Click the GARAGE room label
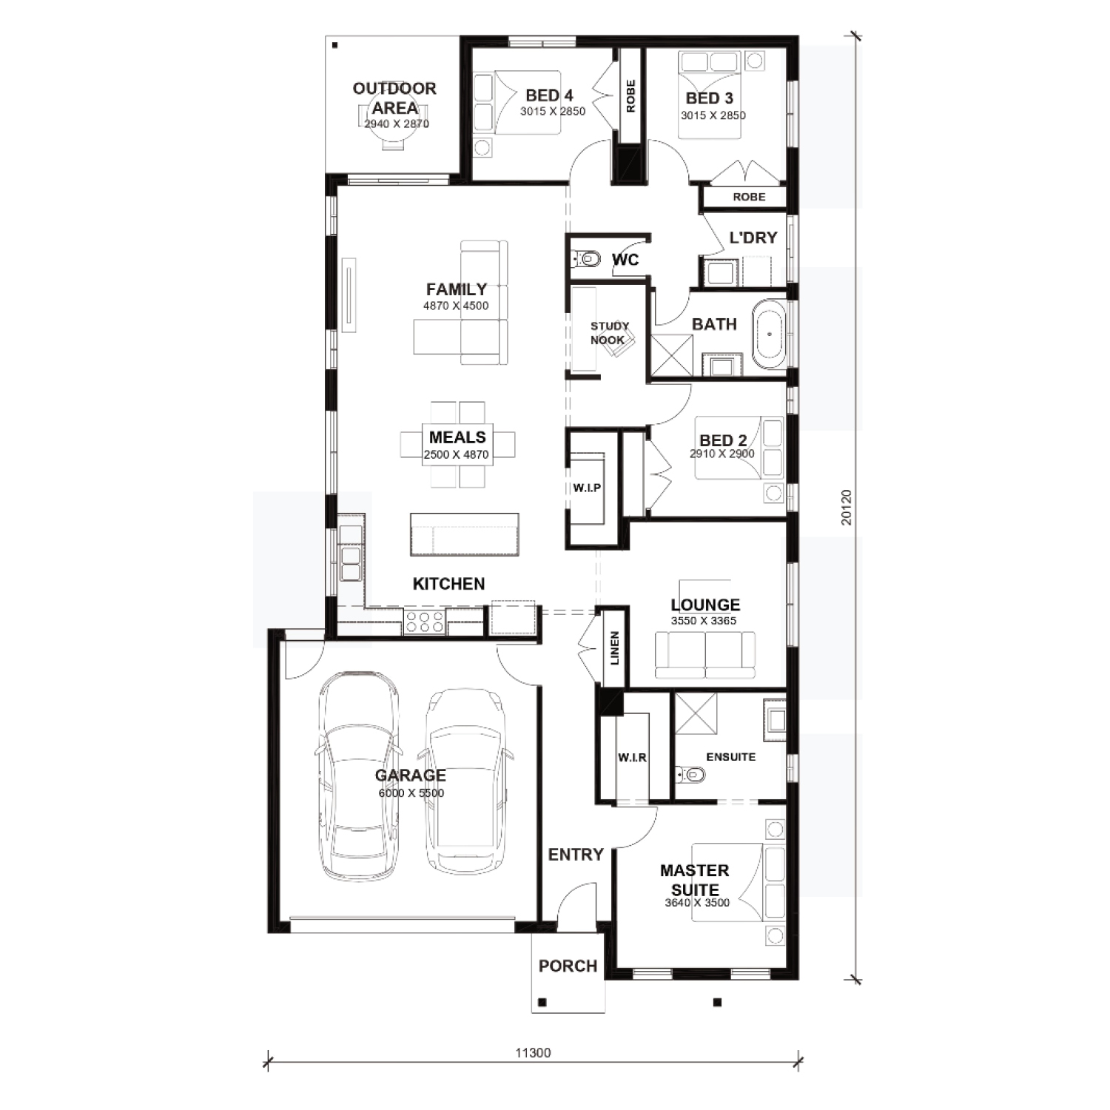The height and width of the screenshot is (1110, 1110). tap(410, 776)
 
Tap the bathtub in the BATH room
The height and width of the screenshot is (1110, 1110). tap(770, 334)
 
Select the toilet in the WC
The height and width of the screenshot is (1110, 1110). tap(586, 259)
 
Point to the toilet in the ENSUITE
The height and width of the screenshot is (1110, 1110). tap(691, 776)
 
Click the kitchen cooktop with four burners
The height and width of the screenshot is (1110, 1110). tap(424, 622)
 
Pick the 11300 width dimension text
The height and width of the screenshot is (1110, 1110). tap(533, 1053)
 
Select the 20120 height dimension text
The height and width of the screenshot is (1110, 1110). tap(847, 508)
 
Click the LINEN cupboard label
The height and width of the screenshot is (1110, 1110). tap(615, 647)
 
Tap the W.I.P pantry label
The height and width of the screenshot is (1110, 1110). tap(587, 488)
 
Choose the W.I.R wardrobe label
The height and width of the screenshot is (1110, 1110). tap(632, 758)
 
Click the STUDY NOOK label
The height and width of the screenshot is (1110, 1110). tap(609, 333)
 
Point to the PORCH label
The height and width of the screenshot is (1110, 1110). tap(568, 966)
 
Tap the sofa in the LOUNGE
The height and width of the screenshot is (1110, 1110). tap(705, 656)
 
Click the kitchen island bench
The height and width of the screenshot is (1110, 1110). tap(465, 534)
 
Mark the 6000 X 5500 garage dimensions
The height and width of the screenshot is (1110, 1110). tap(411, 793)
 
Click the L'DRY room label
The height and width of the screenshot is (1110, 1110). tap(753, 238)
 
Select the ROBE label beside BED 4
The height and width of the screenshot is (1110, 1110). tap(630, 96)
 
